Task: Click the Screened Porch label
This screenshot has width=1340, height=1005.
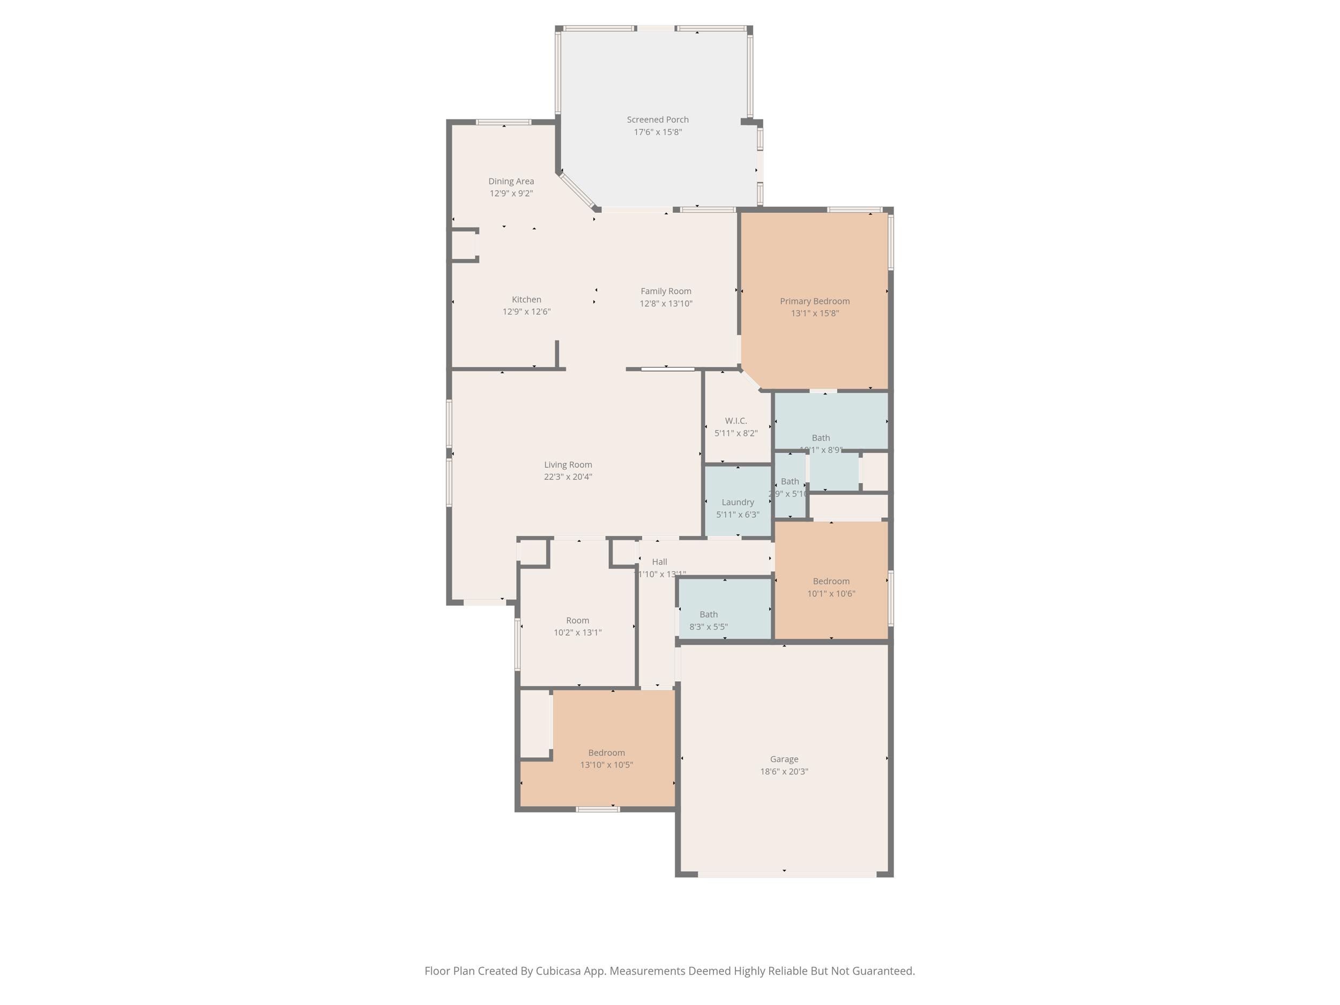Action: (657, 120)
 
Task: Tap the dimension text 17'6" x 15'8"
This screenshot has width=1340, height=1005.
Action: (657, 132)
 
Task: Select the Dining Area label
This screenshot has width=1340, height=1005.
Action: (511, 181)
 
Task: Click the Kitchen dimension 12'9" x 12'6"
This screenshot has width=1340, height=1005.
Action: (526, 312)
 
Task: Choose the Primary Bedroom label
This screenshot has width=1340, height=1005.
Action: (814, 301)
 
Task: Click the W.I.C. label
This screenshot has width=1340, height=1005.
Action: (735, 420)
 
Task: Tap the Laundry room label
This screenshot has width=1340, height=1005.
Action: (737, 502)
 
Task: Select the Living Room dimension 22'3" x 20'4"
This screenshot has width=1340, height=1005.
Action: (568, 477)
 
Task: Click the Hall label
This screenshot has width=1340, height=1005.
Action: (659, 562)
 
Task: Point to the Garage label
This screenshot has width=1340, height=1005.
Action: (784, 759)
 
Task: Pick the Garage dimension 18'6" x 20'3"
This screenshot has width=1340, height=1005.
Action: (784, 772)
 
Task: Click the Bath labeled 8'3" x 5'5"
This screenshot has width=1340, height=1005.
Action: (708, 614)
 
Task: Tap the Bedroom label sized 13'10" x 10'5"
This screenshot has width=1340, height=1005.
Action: (606, 753)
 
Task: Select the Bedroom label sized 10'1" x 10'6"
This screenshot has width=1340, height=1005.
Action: (831, 581)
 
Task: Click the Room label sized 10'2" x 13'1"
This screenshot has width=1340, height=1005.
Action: (577, 620)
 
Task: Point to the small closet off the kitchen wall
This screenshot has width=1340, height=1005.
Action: (464, 245)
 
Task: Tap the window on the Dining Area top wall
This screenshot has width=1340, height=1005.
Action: (503, 122)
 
